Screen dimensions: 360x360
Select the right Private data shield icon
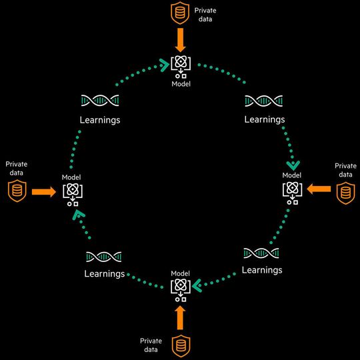click(345, 193)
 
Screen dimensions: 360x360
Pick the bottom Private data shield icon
click(179, 346)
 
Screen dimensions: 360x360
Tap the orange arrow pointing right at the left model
click(44, 192)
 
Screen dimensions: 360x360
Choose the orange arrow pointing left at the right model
click(319, 190)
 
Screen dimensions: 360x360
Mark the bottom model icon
click(180, 289)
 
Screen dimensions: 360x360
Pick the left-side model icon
click(71, 193)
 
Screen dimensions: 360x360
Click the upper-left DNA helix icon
click(99, 101)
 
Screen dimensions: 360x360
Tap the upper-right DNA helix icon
click(264, 101)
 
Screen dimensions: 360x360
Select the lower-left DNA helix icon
click(104, 257)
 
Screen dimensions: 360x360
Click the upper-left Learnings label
click(100, 120)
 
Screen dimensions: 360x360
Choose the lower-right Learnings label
click(262, 270)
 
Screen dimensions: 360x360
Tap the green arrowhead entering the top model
click(163, 64)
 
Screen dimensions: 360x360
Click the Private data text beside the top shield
click(206, 15)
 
